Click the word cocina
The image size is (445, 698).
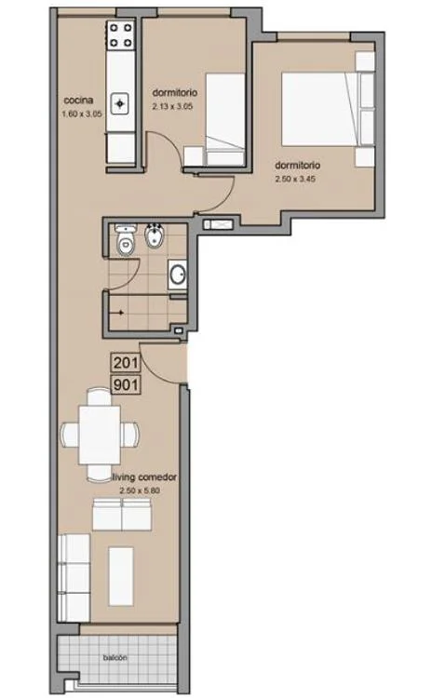[78, 101]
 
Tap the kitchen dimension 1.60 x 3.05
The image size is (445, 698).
[82, 114]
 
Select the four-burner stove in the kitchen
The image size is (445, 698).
[121, 35]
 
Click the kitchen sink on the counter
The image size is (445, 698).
[120, 103]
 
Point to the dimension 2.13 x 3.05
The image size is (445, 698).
[172, 107]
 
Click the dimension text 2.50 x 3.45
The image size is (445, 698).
[295, 180]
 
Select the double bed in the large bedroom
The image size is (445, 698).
[321, 109]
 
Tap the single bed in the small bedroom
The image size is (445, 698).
[225, 120]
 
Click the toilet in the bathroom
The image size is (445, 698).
[125, 241]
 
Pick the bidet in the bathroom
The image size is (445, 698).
[155, 239]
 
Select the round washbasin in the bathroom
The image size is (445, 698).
[178, 275]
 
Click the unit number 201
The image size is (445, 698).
[126, 362]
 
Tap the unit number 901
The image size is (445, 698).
[126, 384]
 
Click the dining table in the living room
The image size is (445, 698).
[100, 435]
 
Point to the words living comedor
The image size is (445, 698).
[144, 477]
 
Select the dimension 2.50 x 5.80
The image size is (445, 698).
[140, 490]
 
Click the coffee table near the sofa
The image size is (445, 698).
[121, 576]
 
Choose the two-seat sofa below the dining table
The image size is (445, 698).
[122, 515]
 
